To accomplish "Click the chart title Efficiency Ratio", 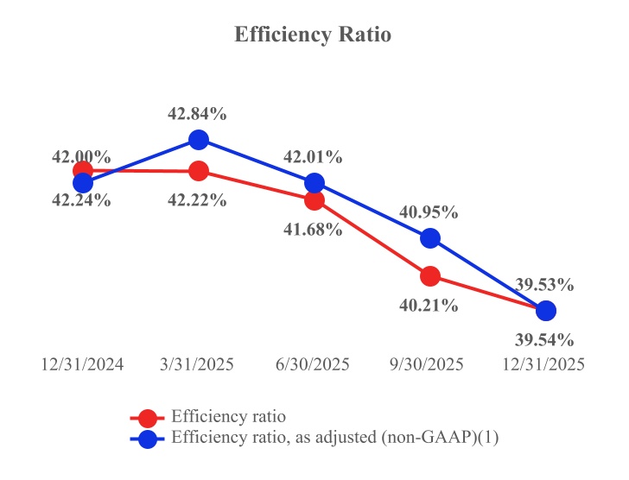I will (313, 35).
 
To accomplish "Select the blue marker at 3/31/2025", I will (199, 139).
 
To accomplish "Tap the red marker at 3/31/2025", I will (199, 171).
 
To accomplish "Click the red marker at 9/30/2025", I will (430, 276).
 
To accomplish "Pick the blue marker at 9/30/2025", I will (430, 237).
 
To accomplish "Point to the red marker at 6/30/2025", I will (314, 200).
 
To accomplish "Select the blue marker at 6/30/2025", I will (314, 183).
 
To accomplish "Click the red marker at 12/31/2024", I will (82, 169).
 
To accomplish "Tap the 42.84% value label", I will (199, 114).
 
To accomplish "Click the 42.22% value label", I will (199, 200).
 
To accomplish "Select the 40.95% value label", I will (430, 212).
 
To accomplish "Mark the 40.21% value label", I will (430, 305).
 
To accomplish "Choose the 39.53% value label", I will (546, 284).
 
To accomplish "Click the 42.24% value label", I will (82, 200).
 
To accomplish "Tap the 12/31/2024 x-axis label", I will (82, 364).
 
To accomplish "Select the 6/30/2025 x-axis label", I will (314, 364).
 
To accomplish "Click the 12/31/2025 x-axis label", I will (544, 364).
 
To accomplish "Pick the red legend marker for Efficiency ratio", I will (148, 418).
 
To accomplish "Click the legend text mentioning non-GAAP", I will (335, 438).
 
